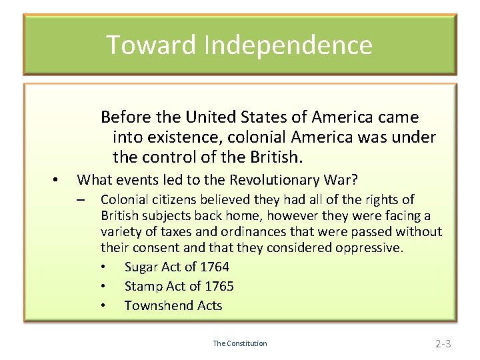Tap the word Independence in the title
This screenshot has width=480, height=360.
click(x=288, y=45)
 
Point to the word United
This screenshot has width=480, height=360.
click(x=213, y=117)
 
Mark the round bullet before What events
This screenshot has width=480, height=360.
click(x=56, y=179)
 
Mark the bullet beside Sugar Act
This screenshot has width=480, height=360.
click(x=103, y=267)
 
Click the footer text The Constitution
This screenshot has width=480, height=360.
click(x=240, y=343)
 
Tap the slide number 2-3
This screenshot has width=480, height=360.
click(x=443, y=344)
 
